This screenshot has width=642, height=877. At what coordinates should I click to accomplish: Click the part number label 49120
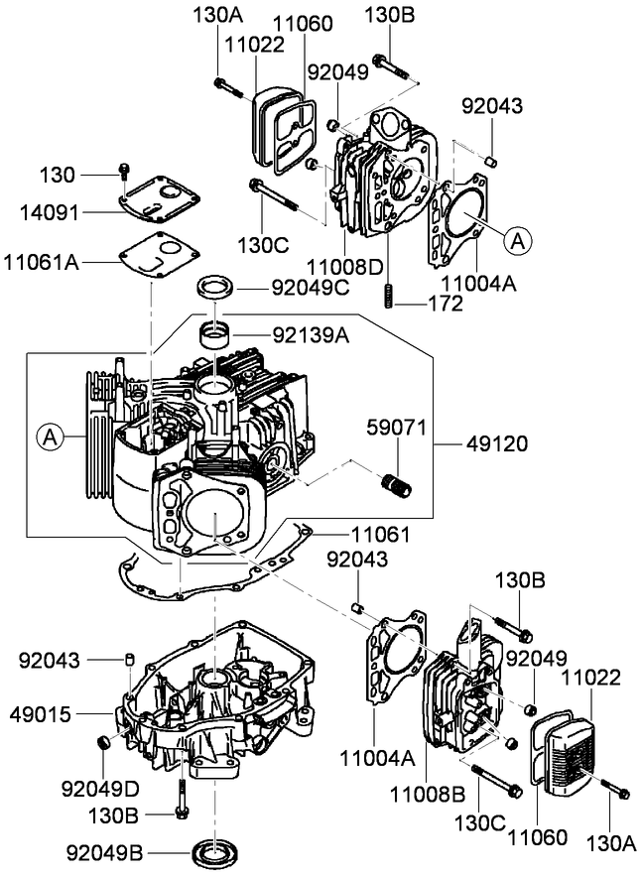[493, 444]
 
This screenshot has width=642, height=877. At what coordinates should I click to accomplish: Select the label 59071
[397, 429]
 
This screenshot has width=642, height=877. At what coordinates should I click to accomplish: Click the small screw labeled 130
[122, 171]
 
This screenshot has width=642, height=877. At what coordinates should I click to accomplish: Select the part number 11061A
[43, 262]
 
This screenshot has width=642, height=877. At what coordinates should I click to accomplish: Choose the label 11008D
[343, 267]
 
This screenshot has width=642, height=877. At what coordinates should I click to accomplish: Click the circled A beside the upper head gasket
[517, 238]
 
